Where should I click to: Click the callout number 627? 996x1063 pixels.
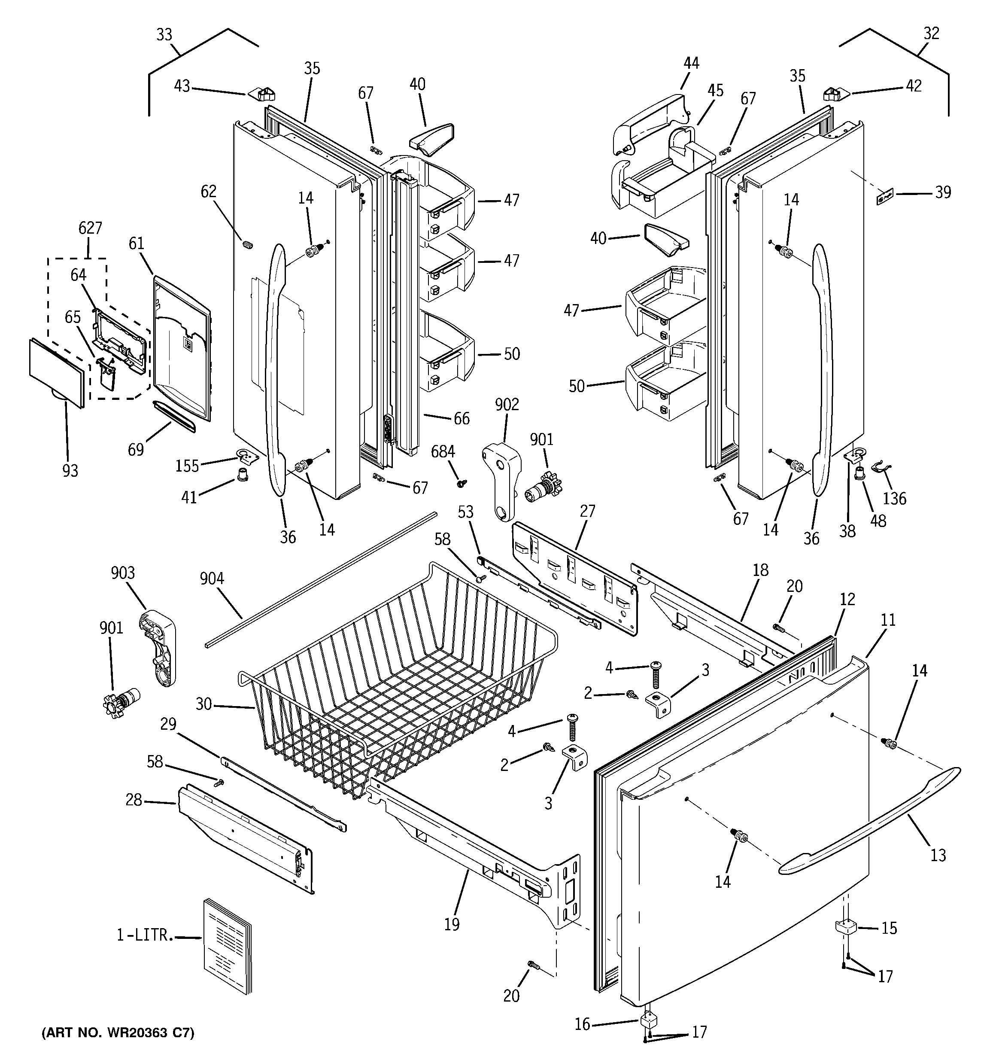[90, 228]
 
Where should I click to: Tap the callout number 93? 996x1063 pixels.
[70, 471]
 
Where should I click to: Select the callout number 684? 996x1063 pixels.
[443, 452]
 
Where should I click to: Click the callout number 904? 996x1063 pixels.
[212, 578]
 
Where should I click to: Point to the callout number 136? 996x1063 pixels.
[894, 498]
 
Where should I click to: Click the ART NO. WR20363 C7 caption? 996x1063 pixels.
[118, 1033]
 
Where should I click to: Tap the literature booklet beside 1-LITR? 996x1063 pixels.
[227, 945]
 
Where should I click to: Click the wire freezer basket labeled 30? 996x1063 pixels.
[396, 679]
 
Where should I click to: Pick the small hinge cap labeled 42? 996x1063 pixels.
[835, 94]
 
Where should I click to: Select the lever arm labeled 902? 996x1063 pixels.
[503, 478]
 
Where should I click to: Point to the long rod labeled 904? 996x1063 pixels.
[321, 580]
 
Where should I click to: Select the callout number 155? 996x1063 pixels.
[187, 466]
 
